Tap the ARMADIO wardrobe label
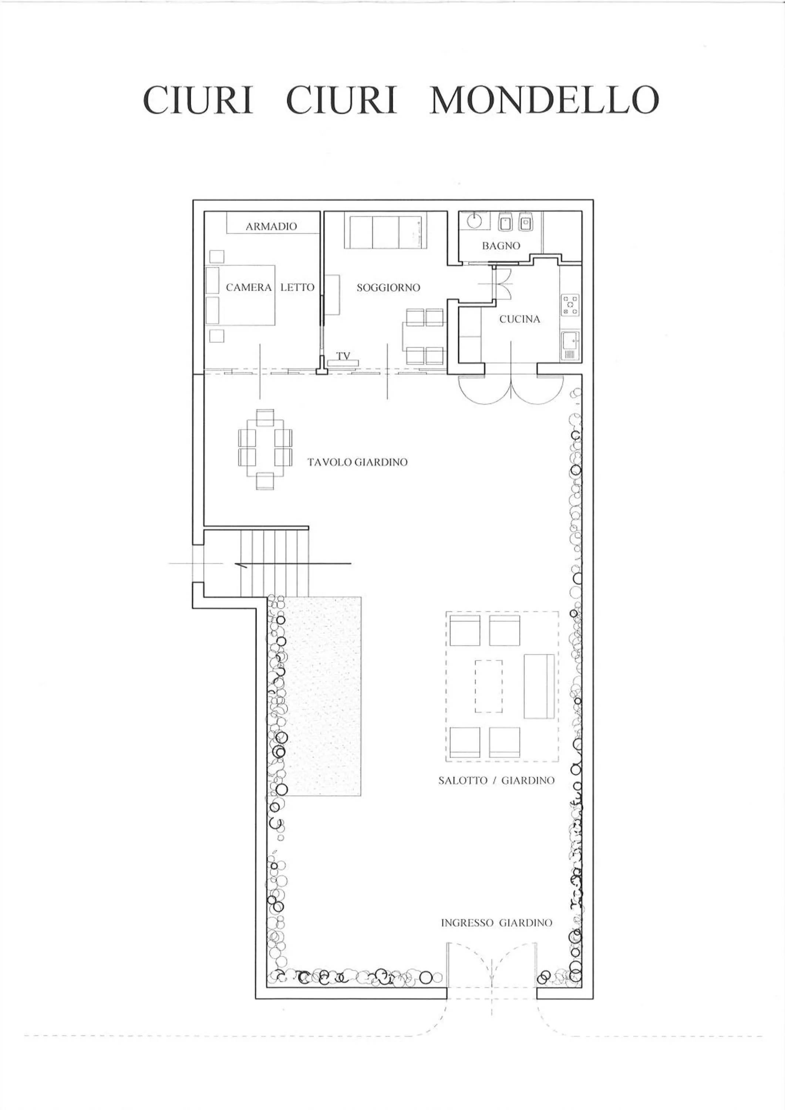coord(271,226)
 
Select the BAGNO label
coord(501,246)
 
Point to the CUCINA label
coord(520,319)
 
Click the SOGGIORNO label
coord(388,287)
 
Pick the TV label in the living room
coord(343,356)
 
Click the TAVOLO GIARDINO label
coord(358,462)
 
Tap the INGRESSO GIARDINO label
coord(496,923)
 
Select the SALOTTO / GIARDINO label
coord(496,780)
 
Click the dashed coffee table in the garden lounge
coord(489,686)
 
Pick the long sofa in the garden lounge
coord(539,686)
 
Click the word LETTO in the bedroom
coord(297,287)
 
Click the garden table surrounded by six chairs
coord(265,450)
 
